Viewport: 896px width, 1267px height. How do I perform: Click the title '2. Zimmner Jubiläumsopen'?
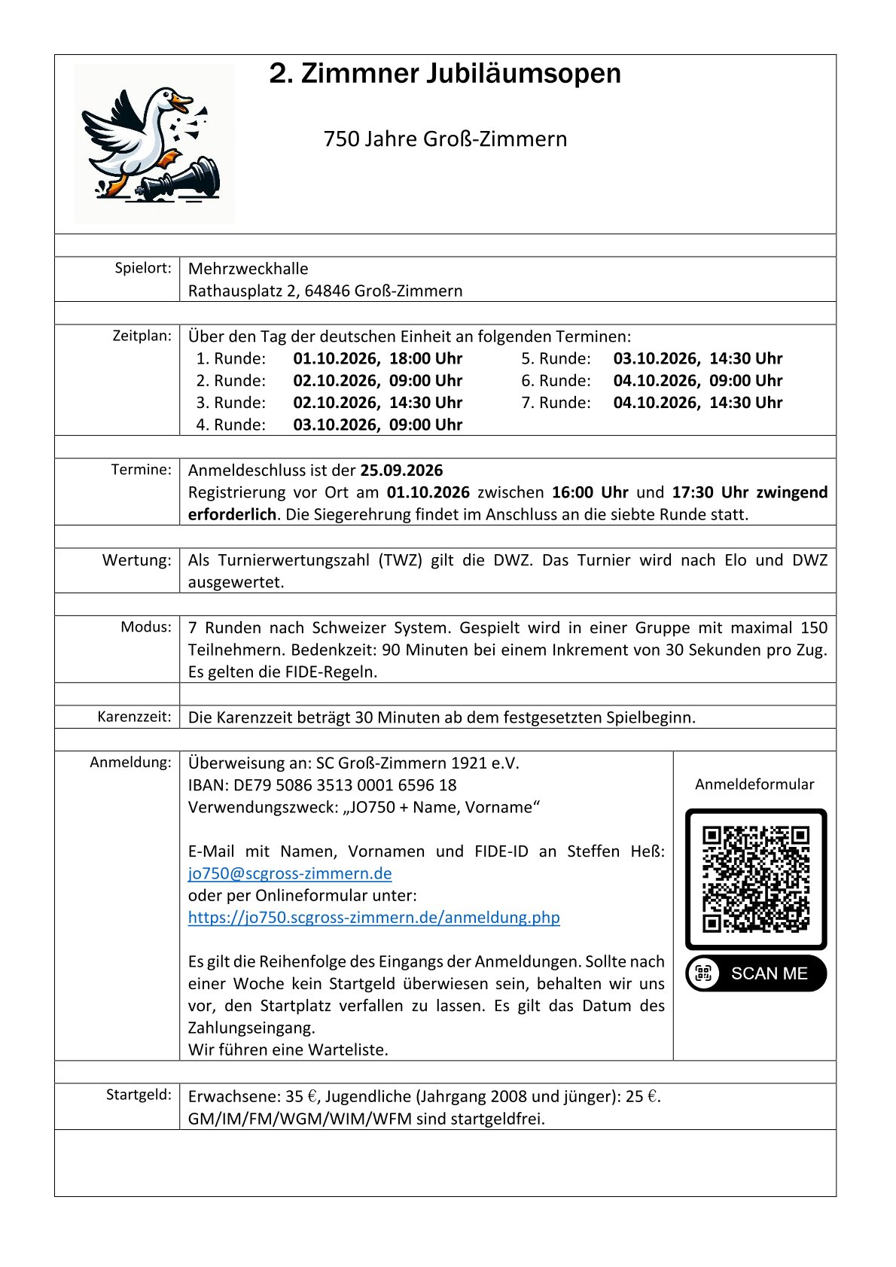coord(445,74)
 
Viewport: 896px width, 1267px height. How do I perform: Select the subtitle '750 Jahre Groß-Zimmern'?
coord(445,139)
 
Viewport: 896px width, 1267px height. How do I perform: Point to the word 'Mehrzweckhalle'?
coord(248,269)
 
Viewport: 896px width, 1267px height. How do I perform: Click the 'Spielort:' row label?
coord(143,268)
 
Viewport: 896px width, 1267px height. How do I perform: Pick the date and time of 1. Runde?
coord(377,358)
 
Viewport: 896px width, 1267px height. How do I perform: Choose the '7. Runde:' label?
coord(556,403)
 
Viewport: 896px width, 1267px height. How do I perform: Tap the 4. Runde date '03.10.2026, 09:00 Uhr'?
coord(377,425)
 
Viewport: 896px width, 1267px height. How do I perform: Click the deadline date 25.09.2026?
coord(401,471)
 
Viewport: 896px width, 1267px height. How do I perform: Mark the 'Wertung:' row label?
coord(137,560)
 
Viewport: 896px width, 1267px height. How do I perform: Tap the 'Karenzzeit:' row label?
coord(134,717)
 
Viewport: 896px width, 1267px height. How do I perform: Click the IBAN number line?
coord(322,785)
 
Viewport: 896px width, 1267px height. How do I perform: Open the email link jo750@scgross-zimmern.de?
coord(290,873)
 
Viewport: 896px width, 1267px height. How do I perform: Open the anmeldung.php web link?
coord(373,918)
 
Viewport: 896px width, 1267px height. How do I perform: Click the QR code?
coord(755,879)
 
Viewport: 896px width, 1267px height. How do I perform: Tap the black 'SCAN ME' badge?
coord(755,973)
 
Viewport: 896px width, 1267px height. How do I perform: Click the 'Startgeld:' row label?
coord(139,1095)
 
